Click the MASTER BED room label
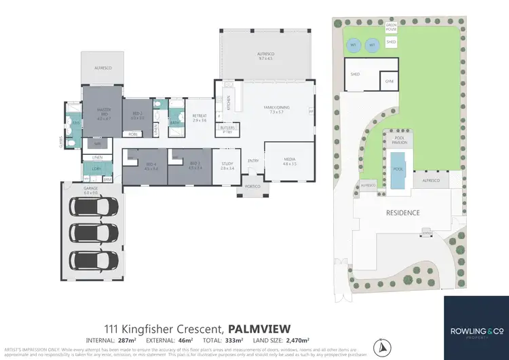(x=103, y=115)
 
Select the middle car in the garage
(x=93, y=232)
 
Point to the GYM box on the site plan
(x=389, y=81)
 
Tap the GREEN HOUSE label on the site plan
(x=390, y=29)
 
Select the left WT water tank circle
(x=352, y=45)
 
